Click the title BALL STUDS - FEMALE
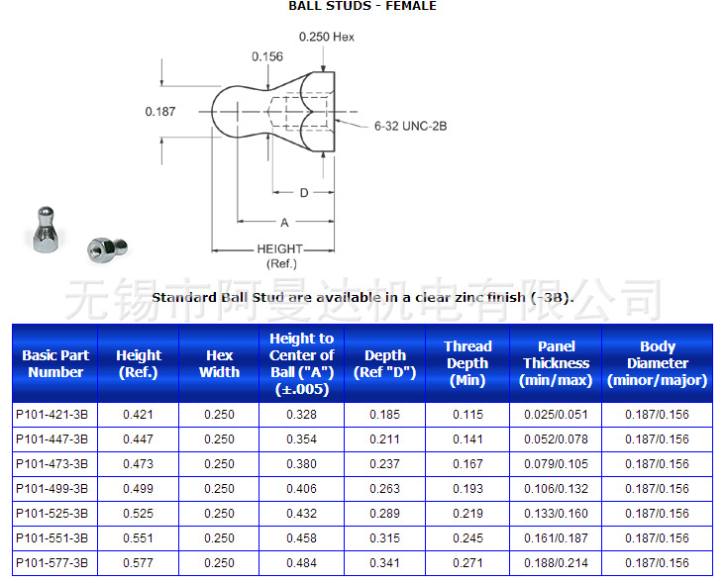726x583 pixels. tap(362, 6)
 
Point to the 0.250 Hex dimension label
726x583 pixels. tap(326, 37)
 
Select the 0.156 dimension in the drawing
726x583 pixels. tap(266, 56)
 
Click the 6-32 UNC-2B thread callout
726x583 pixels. tap(410, 127)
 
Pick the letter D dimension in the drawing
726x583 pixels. tap(304, 192)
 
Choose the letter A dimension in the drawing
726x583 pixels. tap(284, 223)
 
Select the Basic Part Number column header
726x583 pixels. tap(55, 363)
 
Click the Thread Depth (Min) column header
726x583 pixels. tap(467, 363)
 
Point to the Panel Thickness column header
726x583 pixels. tap(557, 363)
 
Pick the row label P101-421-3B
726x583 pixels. tap(52, 414)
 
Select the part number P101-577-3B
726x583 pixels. tap(52, 562)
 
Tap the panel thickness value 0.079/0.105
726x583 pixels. tap(557, 463)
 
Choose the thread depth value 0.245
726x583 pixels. tap(467, 537)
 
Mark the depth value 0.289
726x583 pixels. tap(384, 513)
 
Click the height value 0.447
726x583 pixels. tap(139, 438)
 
